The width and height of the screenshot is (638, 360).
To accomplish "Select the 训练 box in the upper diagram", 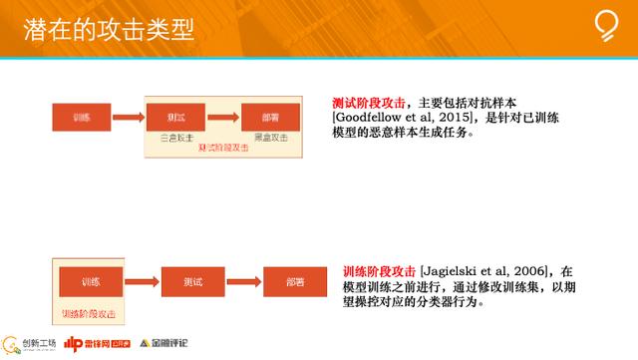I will pyautogui.click(x=81, y=117).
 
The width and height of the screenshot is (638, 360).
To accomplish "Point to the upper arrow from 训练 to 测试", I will pyautogui.click(x=127, y=117).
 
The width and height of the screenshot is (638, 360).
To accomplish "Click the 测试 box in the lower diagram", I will pyautogui.click(x=188, y=280).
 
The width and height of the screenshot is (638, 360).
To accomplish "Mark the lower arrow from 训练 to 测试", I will pyautogui.click(x=140, y=280).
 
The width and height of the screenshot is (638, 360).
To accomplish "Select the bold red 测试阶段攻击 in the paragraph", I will pyautogui.click(x=369, y=102).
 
